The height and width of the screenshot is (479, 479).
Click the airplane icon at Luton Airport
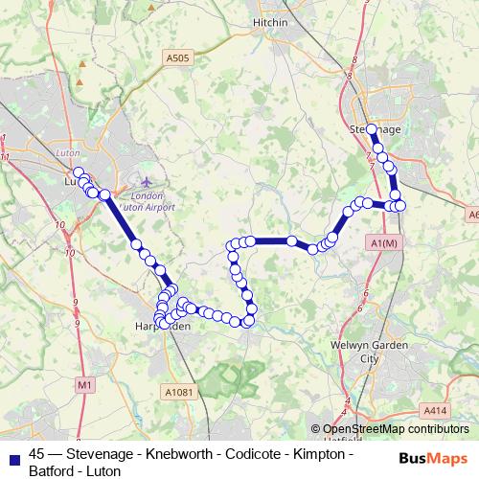(x=146, y=180)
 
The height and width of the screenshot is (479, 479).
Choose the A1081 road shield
(x=178, y=391)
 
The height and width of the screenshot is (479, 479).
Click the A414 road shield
(x=436, y=410)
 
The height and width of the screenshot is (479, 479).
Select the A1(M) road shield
(x=382, y=245)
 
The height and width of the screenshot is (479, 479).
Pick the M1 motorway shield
(x=85, y=384)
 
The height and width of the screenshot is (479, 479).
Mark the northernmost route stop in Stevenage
(x=372, y=128)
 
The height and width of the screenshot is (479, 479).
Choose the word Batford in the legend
(x=55, y=470)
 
